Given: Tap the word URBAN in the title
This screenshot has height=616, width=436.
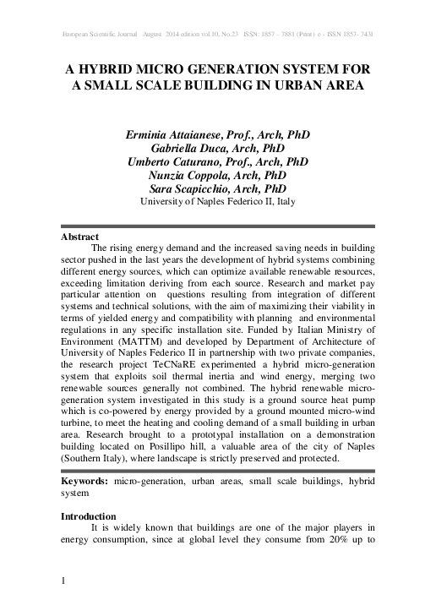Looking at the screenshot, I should (302, 85).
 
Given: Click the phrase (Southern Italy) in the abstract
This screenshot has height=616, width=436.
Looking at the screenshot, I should (96, 459).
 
